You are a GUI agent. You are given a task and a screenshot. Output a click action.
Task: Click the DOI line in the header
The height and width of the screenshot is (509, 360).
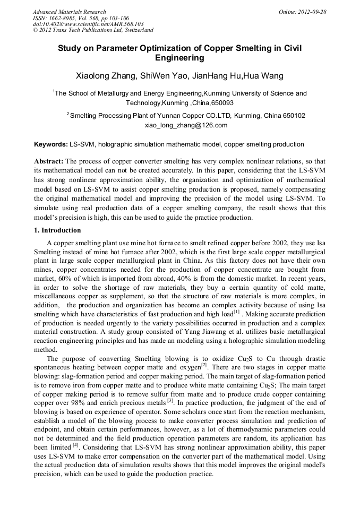coord(88,24)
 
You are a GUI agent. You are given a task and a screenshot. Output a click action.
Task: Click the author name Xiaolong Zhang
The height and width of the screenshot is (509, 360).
coord(104,75)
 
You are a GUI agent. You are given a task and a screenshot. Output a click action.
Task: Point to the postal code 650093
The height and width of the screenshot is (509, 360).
coord(222,103)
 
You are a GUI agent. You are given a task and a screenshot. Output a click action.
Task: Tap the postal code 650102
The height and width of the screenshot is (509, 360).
coord(292,115)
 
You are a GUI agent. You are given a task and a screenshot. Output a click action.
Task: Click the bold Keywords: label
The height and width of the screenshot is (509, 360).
coord(51,144)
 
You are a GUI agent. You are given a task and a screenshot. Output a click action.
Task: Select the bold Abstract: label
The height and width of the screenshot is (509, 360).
coord(49,161)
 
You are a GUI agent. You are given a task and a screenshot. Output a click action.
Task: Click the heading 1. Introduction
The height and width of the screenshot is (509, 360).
coord(57,230)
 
